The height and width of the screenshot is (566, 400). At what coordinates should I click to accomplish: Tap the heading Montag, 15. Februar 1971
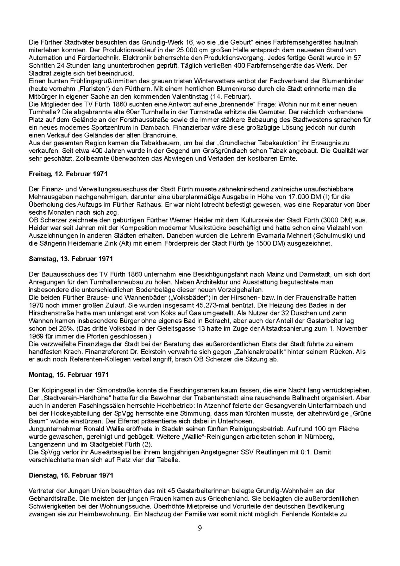point(68,375)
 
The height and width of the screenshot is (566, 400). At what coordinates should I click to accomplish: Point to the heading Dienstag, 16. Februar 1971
point(71,475)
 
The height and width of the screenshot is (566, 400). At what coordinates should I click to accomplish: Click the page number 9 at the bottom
point(200,528)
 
